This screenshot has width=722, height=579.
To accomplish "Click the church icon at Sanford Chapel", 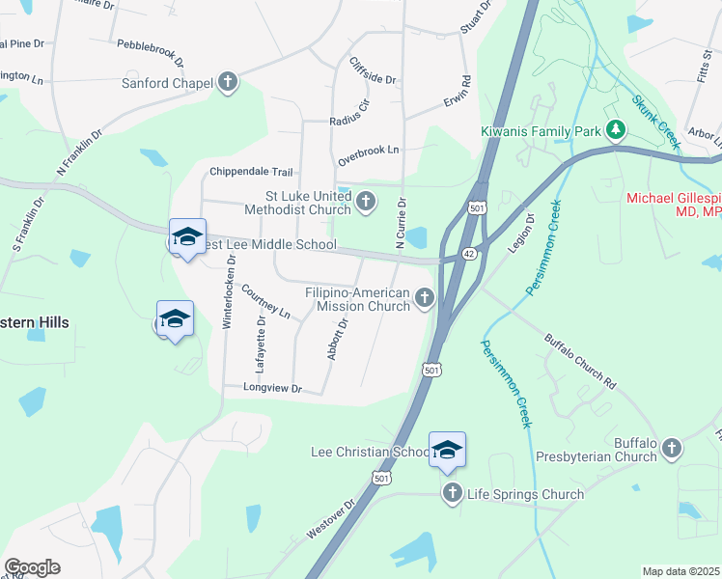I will (228, 82).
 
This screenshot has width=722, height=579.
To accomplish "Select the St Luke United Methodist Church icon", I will (366, 202).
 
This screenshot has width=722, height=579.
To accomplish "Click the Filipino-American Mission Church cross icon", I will (425, 300).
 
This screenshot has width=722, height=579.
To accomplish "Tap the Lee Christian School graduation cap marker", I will (447, 450).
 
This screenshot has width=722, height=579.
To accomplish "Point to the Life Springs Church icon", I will (452, 494).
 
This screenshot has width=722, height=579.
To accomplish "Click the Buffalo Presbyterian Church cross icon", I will (672, 448).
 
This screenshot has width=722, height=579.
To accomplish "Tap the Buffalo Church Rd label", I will (579, 361).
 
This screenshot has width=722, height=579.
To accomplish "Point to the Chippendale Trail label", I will (251, 172).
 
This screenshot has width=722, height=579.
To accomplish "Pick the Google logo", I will (32, 566).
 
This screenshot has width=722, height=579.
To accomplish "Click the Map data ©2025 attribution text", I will (680, 571).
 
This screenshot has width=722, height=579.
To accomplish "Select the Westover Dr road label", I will (331, 520).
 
